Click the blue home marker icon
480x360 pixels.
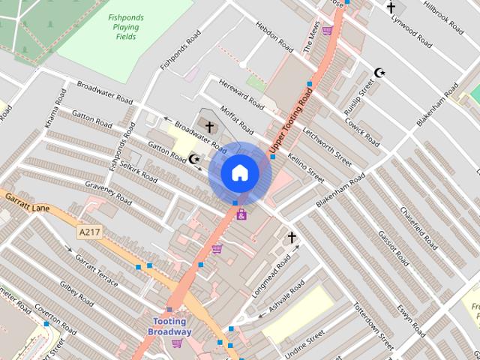tap(239, 173)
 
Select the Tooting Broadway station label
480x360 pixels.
tap(169, 327)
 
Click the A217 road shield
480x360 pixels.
tap(88, 233)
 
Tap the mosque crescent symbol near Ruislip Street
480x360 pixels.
tap(379, 73)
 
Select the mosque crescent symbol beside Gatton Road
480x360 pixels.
tap(194, 159)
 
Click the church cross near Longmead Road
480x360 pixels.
tap(292, 238)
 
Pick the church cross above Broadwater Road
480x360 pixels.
tap(208, 126)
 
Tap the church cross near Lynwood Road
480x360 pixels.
tap(390, 8)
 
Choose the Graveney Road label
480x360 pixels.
tap(108, 193)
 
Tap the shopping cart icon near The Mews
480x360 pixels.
tap(327, 31)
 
